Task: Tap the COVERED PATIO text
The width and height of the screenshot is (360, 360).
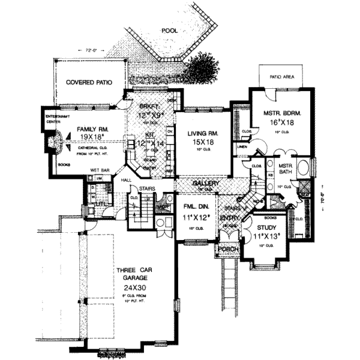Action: (x=89, y=82)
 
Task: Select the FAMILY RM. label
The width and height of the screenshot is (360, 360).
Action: (x=86, y=128)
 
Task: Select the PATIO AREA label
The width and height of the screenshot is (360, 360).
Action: (x=281, y=77)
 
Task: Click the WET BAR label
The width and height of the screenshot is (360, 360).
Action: (x=100, y=170)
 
